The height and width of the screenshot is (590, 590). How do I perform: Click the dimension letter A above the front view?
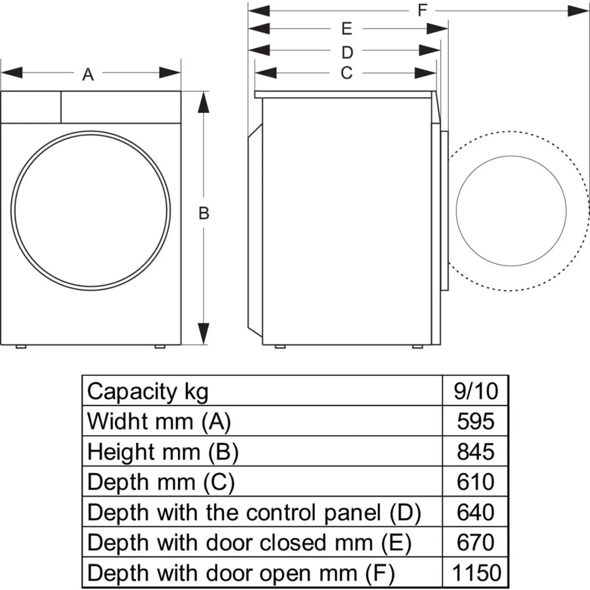tap(88, 75)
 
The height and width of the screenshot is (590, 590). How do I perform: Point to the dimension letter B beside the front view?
tap(203, 213)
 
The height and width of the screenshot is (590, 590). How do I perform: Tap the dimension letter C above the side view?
tap(347, 73)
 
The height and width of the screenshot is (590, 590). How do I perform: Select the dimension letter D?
tap(347, 53)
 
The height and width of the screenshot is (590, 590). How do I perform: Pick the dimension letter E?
tap(347, 29)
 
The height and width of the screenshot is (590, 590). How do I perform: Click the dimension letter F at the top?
tap(422, 10)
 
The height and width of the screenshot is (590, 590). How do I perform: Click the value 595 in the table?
tap(476, 421)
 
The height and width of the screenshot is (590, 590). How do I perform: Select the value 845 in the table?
tap(476, 452)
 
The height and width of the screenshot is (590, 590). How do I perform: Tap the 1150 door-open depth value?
tap(476, 573)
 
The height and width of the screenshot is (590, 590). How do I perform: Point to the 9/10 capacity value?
tap(476, 391)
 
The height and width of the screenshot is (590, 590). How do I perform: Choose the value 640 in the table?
tap(476, 512)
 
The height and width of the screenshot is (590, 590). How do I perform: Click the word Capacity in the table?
tap(132, 392)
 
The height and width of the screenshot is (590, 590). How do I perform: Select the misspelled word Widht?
tap(118, 421)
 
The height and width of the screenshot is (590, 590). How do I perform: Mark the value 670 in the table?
tap(476, 542)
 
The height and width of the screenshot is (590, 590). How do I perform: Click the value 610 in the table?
tap(476, 482)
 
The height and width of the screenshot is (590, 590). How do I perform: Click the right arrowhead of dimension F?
tap(578, 11)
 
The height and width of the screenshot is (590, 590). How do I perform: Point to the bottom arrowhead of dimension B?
tap(203, 333)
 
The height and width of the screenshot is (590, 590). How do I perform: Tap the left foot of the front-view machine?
tap(21, 347)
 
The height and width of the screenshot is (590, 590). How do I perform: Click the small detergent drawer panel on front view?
tap(31, 107)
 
